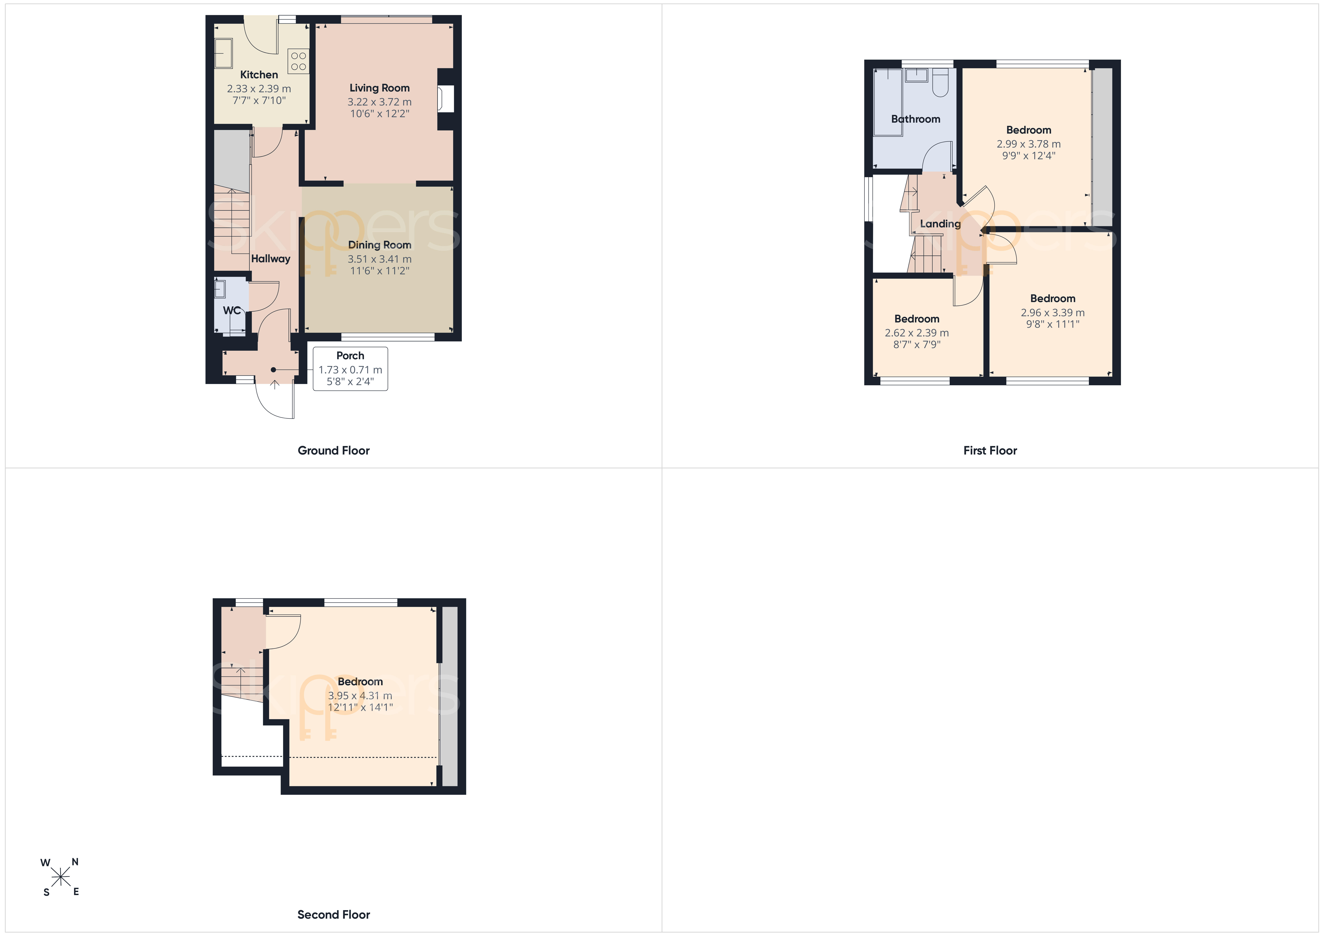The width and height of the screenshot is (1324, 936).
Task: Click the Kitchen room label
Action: (x=259, y=74)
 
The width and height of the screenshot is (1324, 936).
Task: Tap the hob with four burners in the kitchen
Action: (x=298, y=61)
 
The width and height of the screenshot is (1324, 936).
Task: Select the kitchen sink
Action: (x=224, y=54)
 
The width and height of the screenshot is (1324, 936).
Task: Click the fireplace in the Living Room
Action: (x=446, y=99)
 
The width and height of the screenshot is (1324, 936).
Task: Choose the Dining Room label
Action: (x=379, y=245)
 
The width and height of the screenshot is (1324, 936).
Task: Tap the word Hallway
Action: (x=270, y=259)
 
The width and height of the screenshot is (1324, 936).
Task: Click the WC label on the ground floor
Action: (x=232, y=310)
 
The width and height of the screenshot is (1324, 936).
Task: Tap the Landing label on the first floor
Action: (x=940, y=224)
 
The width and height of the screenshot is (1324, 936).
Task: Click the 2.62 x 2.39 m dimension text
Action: (x=917, y=333)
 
